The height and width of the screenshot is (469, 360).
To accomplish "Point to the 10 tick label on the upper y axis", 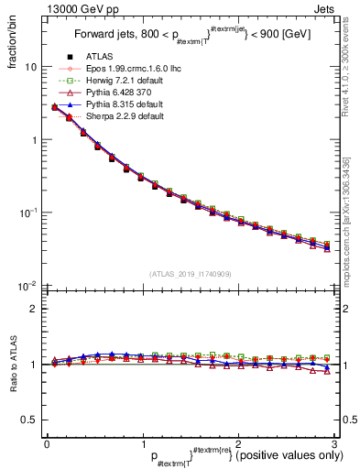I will [x=31, y=68].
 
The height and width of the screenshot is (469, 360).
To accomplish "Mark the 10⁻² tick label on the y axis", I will [x=29, y=286].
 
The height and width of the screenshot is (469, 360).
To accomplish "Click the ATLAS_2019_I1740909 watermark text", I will [x=190, y=274].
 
